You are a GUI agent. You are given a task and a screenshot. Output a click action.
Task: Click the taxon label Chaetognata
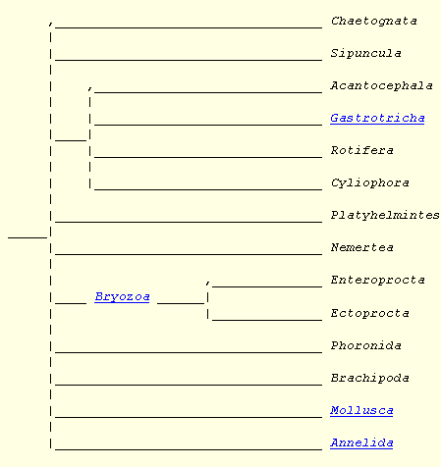click(x=373, y=22)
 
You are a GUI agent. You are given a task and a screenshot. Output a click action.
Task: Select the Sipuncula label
click(x=365, y=53)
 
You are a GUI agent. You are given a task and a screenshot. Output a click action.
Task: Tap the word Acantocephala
click(x=381, y=85)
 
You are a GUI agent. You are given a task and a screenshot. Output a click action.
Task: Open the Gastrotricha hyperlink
click(x=377, y=118)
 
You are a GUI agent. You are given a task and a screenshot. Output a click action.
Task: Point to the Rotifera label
click(x=361, y=150)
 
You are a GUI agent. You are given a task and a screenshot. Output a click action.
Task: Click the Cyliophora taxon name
click(x=369, y=182)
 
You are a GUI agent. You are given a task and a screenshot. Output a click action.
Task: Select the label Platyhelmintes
click(x=385, y=215)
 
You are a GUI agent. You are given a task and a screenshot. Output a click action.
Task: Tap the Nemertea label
click(x=361, y=247)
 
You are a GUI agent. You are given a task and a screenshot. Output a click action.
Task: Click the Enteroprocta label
click(x=377, y=280)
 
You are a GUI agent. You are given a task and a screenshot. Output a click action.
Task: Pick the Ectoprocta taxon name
click(x=369, y=313)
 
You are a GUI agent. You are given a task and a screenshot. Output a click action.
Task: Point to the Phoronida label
click(x=365, y=345)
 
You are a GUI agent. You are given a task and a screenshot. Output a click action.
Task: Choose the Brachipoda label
click(x=369, y=378)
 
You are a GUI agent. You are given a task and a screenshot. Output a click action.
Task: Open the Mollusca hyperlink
click(x=361, y=410)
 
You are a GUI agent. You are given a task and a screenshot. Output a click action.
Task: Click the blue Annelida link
click(x=361, y=442)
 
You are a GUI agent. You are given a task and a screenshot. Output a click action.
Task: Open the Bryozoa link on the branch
click(x=122, y=297)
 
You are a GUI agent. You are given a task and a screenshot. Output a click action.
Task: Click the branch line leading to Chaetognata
click(x=189, y=27)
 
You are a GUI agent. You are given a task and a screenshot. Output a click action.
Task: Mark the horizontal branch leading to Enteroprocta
click(x=267, y=286)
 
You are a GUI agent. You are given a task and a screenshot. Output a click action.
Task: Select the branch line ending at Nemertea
click(x=189, y=254)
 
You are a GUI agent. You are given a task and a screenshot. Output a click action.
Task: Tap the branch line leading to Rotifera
click(x=208, y=157)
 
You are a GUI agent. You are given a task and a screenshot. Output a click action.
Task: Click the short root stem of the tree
click(x=28, y=237)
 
